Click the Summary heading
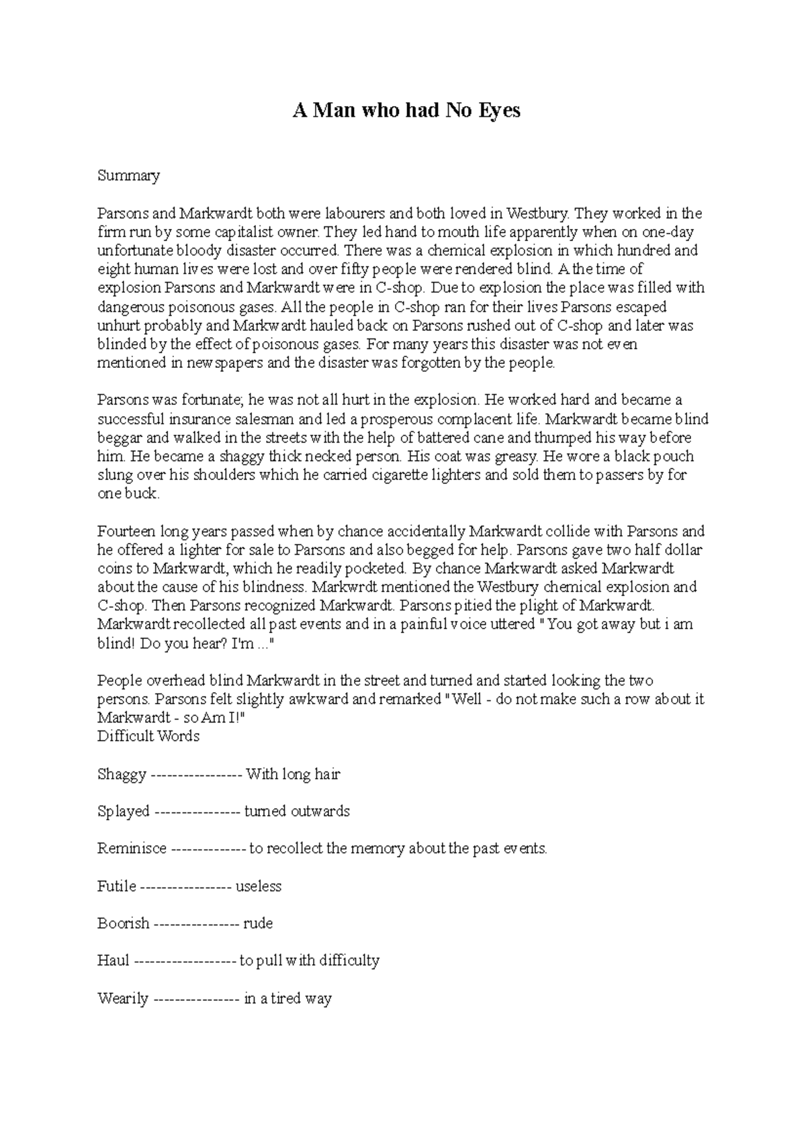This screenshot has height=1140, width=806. [x=128, y=176]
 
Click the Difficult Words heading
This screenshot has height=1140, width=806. [x=148, y=736]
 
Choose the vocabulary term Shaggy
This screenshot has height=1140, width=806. [x=122, y=775]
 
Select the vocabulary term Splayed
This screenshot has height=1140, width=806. [x=124, y=812]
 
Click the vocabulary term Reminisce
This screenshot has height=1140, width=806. [x=132, y=849]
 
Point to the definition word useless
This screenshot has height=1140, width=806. [x=258, y=886]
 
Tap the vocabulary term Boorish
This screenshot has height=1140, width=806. [x=123, y=923]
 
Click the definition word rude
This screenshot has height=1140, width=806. [x=258, y=923]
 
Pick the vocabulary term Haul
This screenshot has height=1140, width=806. [x=113, y=961]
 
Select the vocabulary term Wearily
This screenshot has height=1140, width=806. [x=122, y=998]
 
